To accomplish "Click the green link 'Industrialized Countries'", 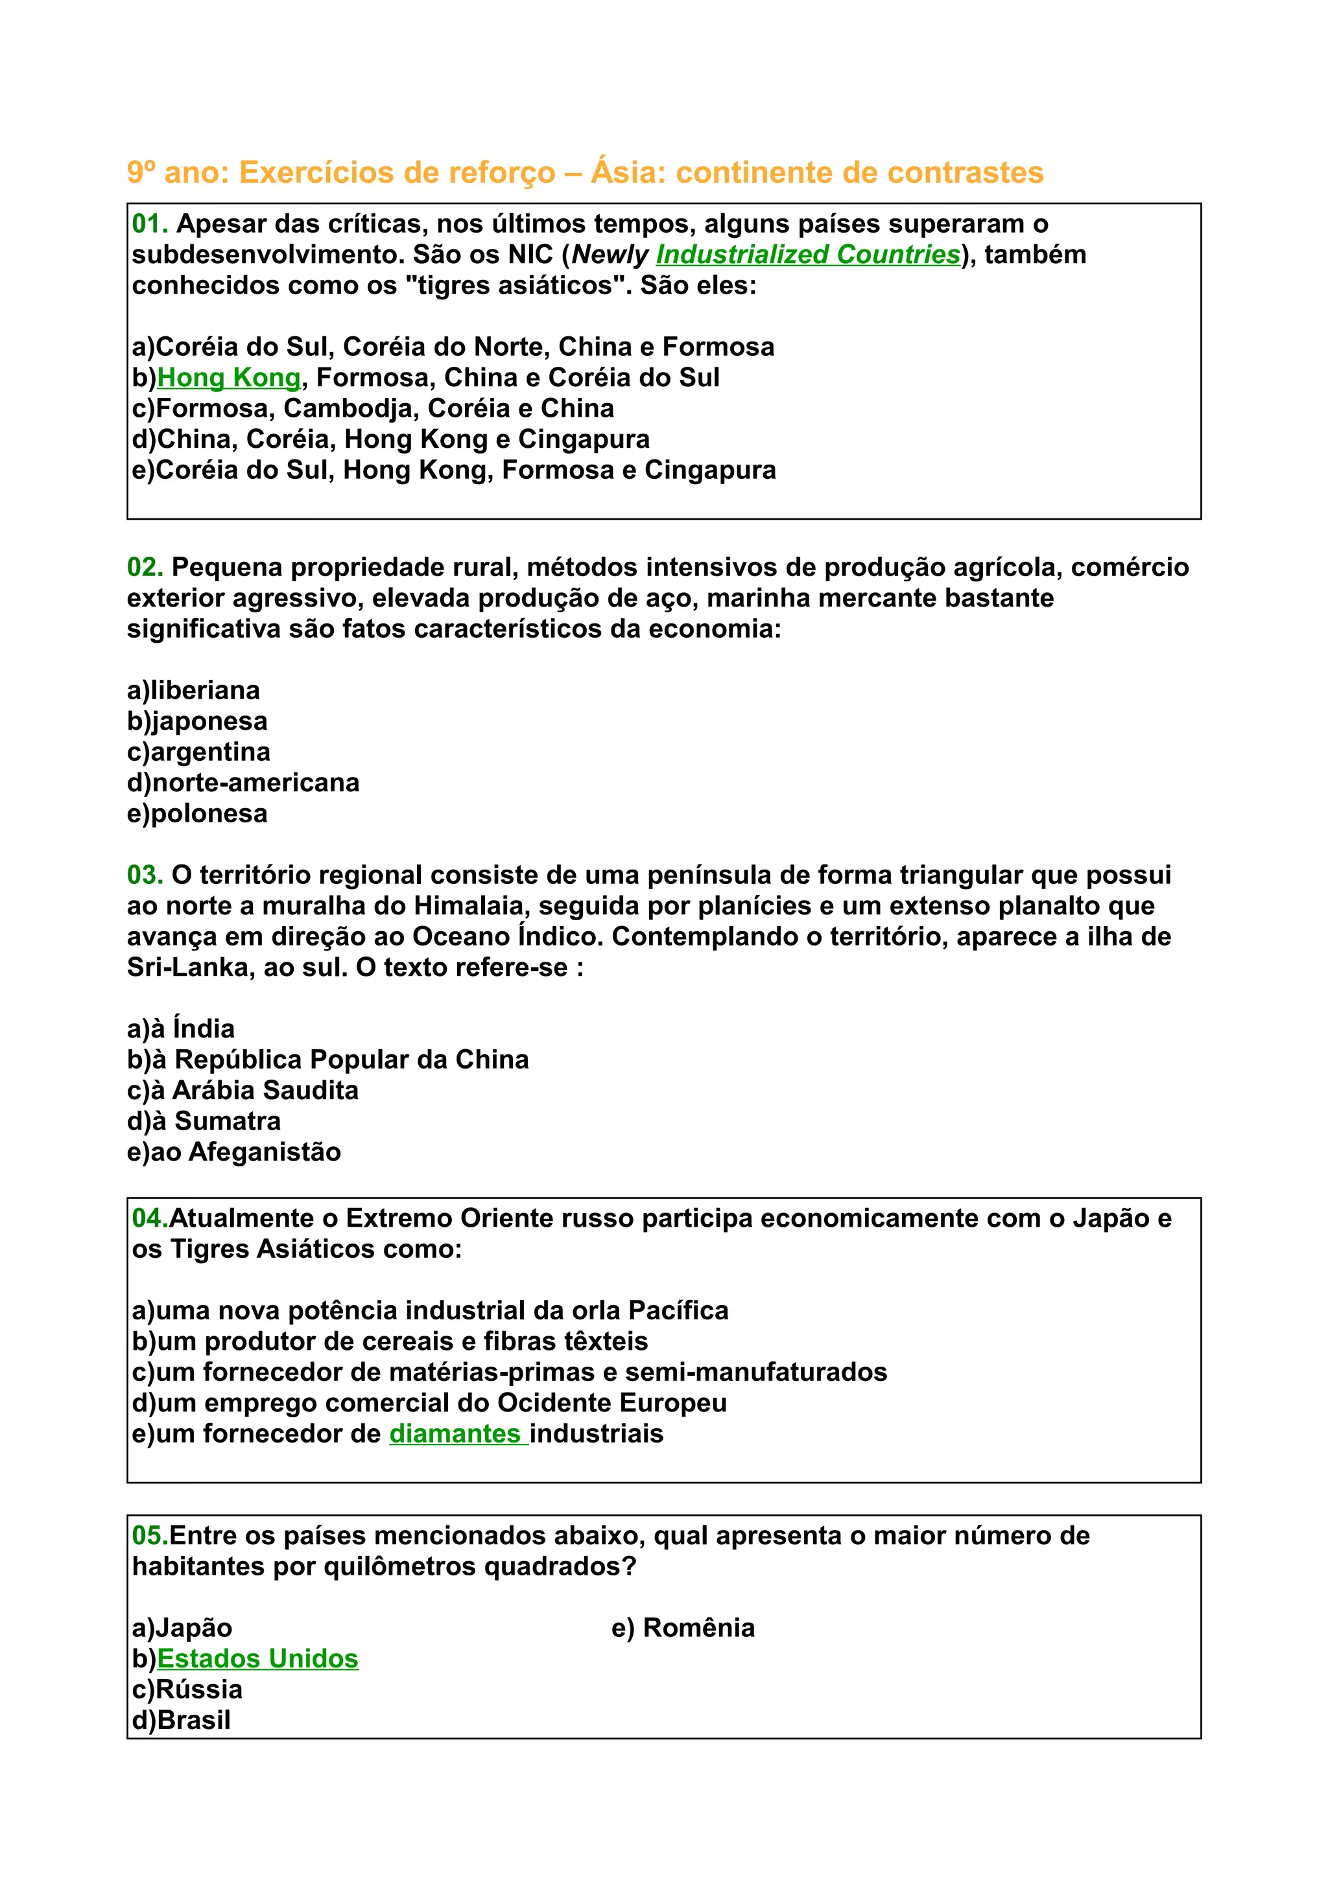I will coord(807,255).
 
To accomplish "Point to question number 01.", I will coord(150,224).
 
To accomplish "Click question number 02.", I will coord(145,567).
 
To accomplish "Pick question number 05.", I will coord(150,1535).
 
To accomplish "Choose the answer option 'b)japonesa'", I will coord(197,721).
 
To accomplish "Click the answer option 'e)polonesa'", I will coord(197,813).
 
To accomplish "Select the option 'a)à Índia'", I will coord(181,1028).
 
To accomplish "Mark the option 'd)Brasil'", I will coord(181,1719).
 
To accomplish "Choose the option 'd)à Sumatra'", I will coord(204,1120).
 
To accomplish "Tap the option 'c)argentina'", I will coord(199,752).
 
